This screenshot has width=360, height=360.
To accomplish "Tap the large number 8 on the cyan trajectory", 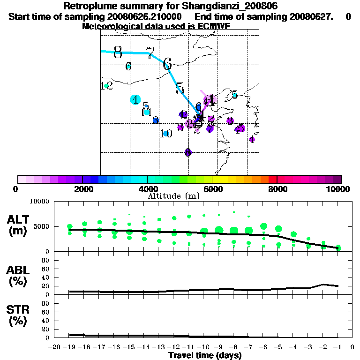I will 118,52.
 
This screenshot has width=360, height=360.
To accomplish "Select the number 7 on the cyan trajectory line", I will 150,53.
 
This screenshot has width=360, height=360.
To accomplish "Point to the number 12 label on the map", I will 106,86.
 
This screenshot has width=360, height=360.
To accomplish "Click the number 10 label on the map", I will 165,134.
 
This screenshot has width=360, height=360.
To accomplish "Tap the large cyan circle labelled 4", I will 135,99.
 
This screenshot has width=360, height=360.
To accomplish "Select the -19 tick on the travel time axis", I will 69,347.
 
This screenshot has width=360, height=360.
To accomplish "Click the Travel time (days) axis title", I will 205,355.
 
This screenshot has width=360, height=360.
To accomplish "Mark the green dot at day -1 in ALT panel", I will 338,248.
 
